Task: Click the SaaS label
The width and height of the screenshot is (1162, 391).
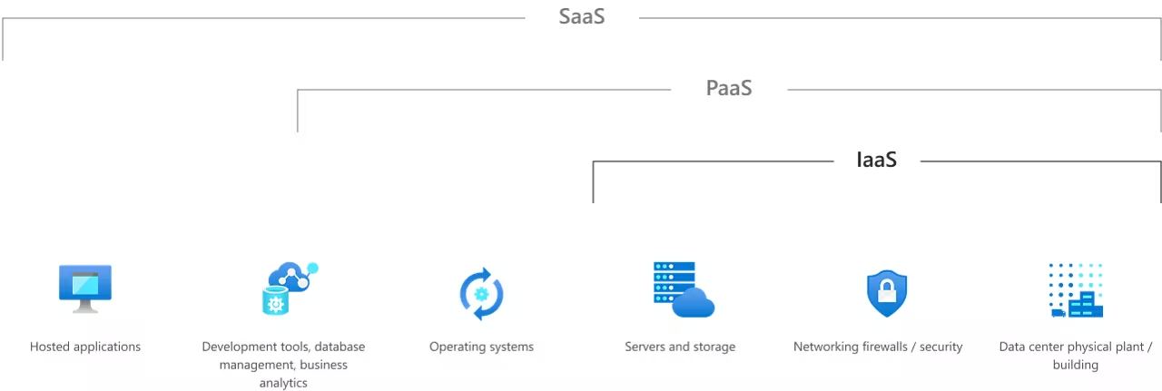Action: coord(582,16)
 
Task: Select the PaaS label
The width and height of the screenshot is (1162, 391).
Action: coord(729,88)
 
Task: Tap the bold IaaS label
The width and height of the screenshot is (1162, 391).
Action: coord(877,160)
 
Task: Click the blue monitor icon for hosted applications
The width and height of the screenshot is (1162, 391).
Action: coord(85,288)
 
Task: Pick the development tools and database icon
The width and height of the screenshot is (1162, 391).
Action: coord(289,288)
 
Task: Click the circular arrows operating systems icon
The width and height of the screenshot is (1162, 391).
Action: coord(482,293)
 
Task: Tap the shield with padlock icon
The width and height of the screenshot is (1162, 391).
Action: coord(886,292)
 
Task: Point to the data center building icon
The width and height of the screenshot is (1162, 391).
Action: coord(1076,290)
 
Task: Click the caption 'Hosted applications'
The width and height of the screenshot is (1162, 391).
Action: coord(85,347)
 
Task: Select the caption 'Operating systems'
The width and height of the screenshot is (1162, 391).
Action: coord(481,347)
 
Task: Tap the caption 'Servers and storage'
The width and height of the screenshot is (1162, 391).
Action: coord(680,347)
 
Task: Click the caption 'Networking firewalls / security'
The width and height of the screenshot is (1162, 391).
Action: coord(878,347)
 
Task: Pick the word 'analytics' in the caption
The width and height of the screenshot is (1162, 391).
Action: coord(283,383)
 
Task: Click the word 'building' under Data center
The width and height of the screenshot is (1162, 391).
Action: coord(1076,365)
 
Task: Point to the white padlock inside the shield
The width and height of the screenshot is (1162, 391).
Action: coord(886,291)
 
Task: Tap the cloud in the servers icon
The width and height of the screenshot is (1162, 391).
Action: coord(694,304)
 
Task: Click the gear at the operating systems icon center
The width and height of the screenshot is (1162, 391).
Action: coord(482,293)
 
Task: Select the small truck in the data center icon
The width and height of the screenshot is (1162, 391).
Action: coord(1058,312)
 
